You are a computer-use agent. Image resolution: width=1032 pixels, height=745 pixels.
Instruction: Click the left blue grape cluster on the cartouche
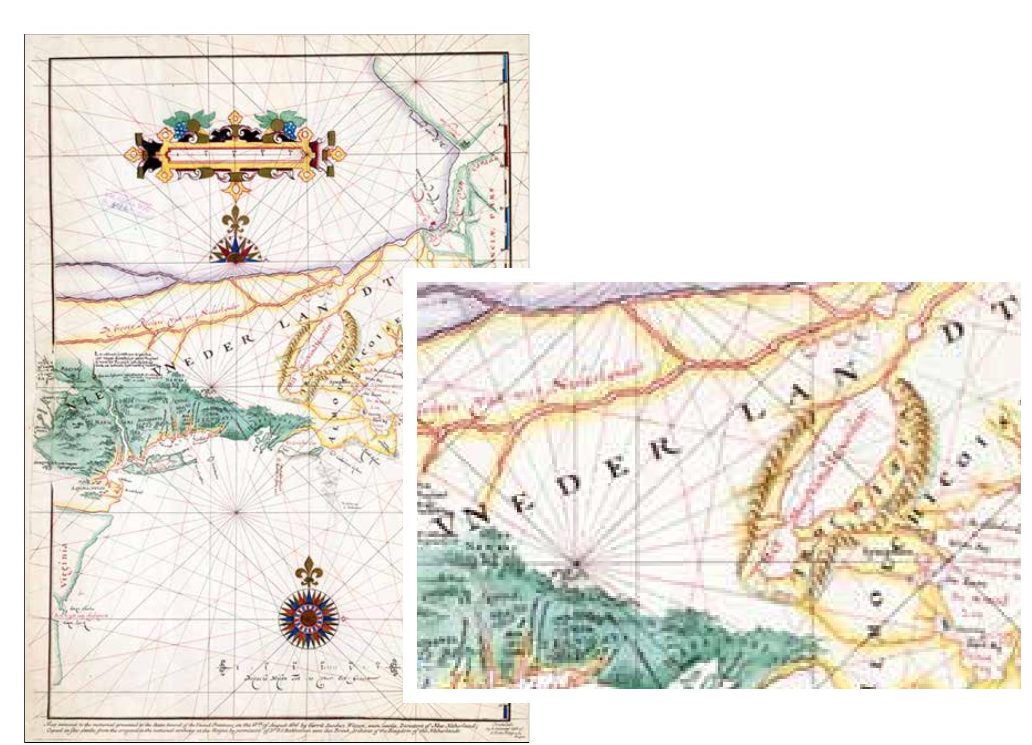182,129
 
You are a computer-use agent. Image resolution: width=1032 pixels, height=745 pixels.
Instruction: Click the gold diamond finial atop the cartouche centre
235,119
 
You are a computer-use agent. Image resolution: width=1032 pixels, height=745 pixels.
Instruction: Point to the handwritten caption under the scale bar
308,680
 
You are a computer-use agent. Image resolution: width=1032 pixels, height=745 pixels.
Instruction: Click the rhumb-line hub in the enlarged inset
576,564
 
